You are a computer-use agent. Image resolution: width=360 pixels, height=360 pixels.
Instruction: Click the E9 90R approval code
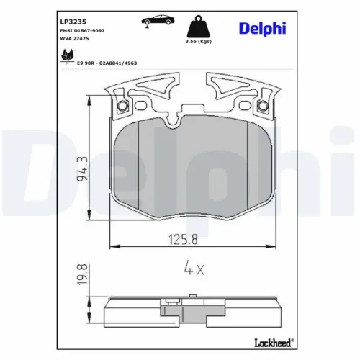(108, 63)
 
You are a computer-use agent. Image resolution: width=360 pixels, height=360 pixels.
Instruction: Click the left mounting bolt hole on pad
(122, 108)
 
